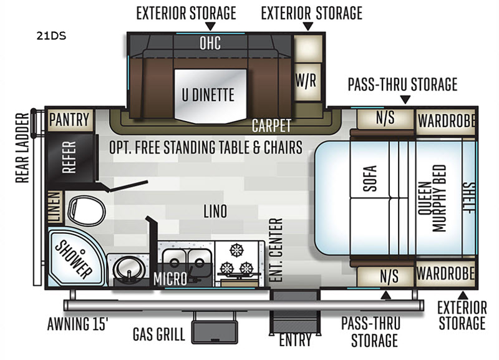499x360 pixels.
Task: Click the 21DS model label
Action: coord(51,36)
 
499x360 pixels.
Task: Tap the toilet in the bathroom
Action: coord(87,211)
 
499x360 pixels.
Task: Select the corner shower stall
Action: coord(75,256)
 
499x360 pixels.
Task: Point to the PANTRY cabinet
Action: coord(70,120)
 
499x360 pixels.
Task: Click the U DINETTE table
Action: coord(210,95)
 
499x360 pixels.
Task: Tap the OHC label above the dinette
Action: coord(210,43)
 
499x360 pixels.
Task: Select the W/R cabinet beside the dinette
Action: coord(307,82)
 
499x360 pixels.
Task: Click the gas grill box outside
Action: coord(215,332)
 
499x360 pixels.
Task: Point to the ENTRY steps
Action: coord(295,311)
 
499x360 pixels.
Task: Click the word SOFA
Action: coord(370,178)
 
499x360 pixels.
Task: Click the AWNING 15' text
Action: coord(77,324)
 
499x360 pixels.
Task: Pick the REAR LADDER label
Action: coord(22,148)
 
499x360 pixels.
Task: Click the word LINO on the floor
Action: coord(215,212)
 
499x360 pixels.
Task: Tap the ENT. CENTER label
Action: coord(276,250)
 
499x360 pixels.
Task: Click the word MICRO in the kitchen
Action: coord(170,279)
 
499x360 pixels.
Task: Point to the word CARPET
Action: coord(271,126)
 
